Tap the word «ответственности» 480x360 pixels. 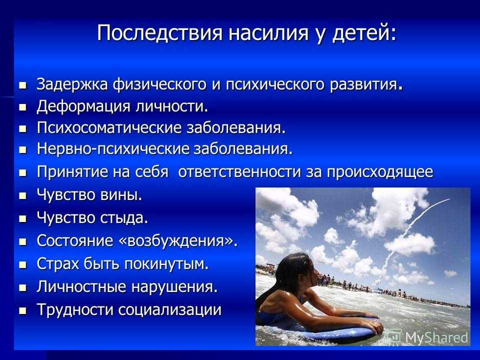pyautogui.click(x=239, y=171)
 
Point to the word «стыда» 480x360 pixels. pyautogui.click(x=124, y=217)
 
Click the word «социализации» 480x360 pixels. pyautogui.click(x=169, y=310)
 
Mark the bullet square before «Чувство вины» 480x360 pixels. pyautogui.click(x=22, y=196)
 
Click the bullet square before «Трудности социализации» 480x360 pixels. pyautogui.click(x=22, y=311)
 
